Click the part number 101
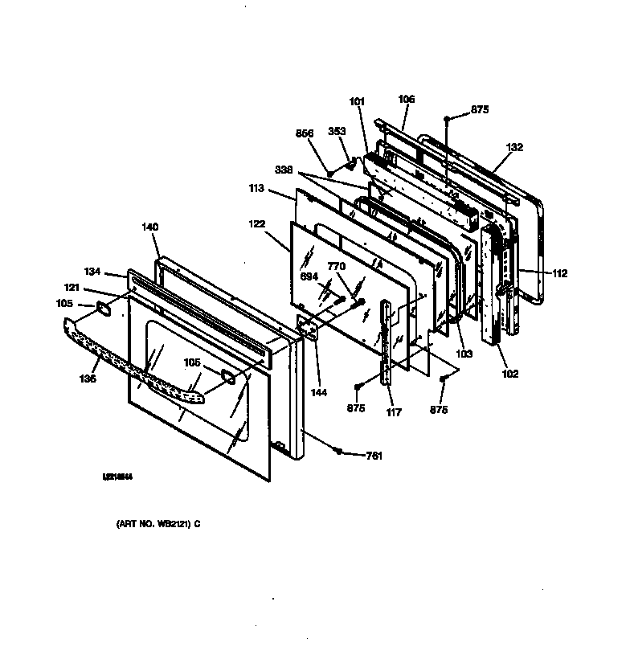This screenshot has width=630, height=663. click(357, 101)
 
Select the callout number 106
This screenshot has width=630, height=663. click(407, 100)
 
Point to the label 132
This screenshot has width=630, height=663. click(515, 147)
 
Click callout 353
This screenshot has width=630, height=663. click(337, 132)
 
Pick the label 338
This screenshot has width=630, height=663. click(283, 171)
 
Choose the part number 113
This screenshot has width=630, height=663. click(257, 190)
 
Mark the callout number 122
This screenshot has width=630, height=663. click(257, 227)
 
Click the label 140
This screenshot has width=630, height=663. click(150, 227)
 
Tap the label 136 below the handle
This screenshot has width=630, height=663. click(88, 379)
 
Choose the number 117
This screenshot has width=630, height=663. click(393, 413)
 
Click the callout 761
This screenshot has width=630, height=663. click(374, 456)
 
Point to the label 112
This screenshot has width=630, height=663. click(559, 273)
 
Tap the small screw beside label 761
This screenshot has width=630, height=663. click(341, 451)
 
